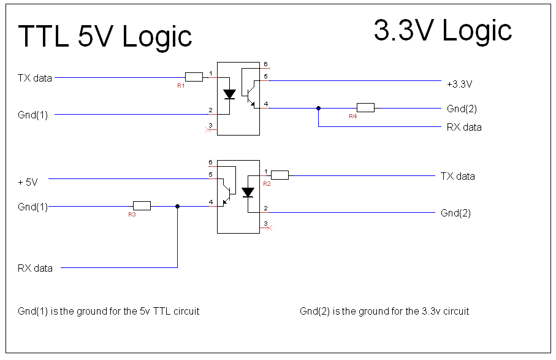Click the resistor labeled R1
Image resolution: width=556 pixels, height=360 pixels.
tap(194, 77)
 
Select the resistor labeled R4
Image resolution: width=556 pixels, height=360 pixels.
tap(365, 108)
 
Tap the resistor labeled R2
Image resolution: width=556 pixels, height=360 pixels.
tap(280, 175)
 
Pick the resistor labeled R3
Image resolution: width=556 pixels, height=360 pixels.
tap(142, 205)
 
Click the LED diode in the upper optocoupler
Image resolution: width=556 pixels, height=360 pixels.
tap(229, 94)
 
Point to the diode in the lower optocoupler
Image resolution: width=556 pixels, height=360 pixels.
tap(248, 192)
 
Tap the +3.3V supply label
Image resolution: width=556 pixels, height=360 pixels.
tap(460, 84)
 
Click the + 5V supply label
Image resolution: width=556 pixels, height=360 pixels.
tap(28, 182)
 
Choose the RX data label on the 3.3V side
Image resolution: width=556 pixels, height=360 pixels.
tap(464, 127)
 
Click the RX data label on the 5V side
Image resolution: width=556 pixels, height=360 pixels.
tap(35, 268)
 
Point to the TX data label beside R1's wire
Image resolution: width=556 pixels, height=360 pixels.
tap(35, 78)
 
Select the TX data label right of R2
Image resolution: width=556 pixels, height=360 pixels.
tap(458, 176)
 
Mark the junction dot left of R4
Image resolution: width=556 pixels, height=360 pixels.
tap(318, 108)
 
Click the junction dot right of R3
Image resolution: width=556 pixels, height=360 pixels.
tap(178, 206)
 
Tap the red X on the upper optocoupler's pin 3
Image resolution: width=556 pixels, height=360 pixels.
tap(208, 130)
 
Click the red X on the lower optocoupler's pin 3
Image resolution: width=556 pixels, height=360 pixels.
tap(269, 228)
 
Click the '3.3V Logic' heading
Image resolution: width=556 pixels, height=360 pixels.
tap(443, 31)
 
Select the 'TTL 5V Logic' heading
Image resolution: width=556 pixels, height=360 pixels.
tap(105, 37)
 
